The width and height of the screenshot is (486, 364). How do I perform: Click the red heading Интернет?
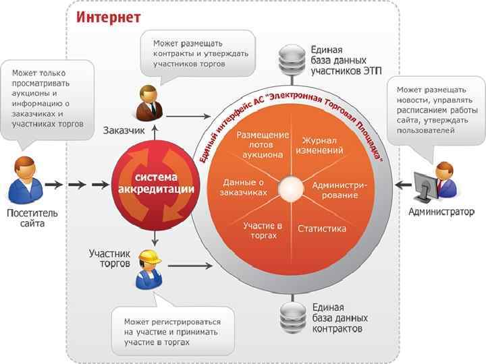[x=108, y=17]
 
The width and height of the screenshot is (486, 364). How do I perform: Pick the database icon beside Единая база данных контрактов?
[x=292, y=317]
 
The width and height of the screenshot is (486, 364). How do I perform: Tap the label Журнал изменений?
[x=322, y=144]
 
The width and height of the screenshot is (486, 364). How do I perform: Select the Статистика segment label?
[x=322, y=229]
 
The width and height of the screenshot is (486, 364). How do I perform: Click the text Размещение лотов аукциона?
[x=263, y=144]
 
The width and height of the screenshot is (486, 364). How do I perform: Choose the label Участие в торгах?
[x=262, y=231]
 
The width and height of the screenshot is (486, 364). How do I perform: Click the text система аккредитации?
[x=156, y=183]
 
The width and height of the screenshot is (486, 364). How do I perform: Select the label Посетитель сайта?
[x=32, y=218]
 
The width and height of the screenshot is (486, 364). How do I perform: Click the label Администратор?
[x=441, y=212]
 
